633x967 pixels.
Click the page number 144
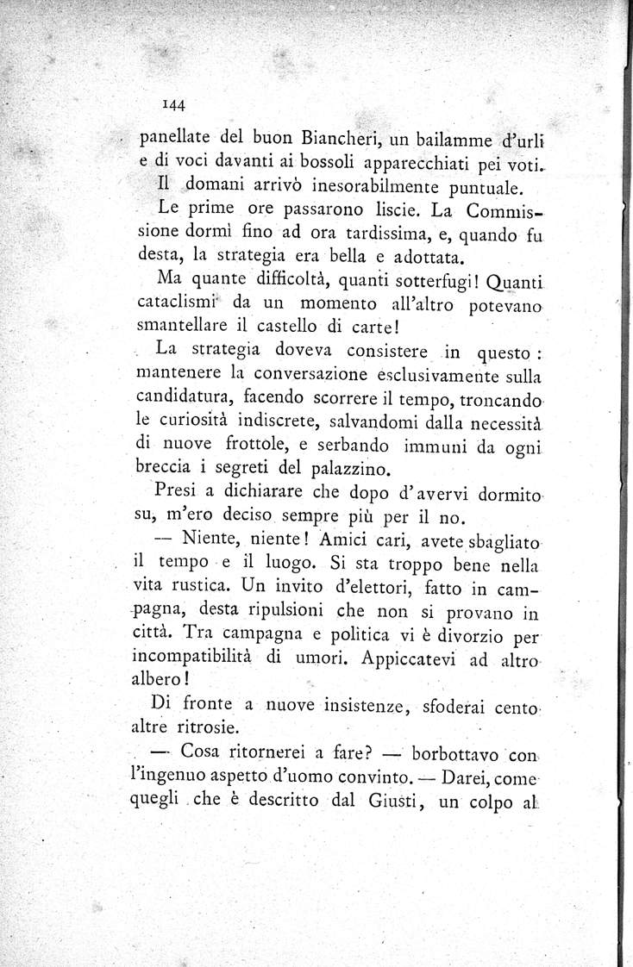(175, 105)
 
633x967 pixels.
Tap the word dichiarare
(272, 496)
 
